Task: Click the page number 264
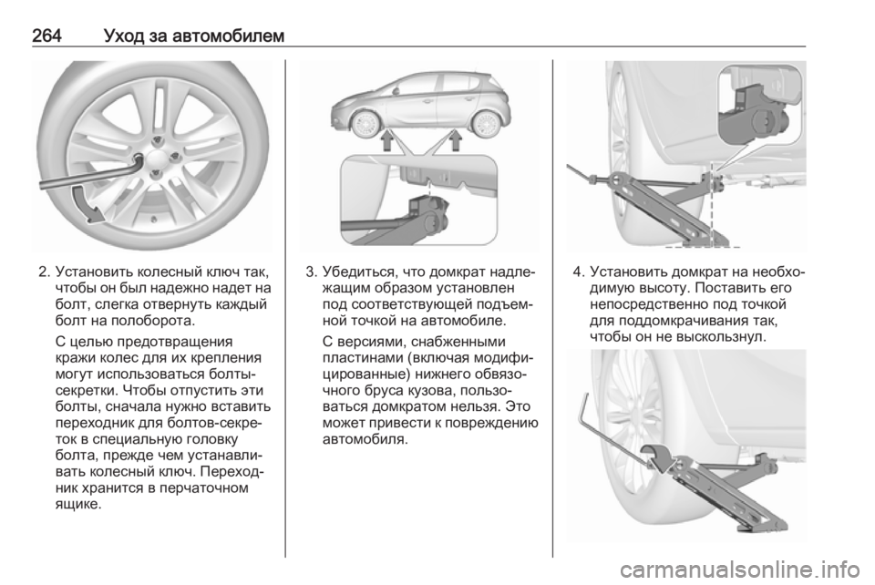[x=46, y=36]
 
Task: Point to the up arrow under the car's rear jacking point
[x=456, y=140]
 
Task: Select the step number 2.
[x=43, y=272]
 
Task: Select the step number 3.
[x=311, y=272]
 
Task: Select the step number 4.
[x=578, y=272]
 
